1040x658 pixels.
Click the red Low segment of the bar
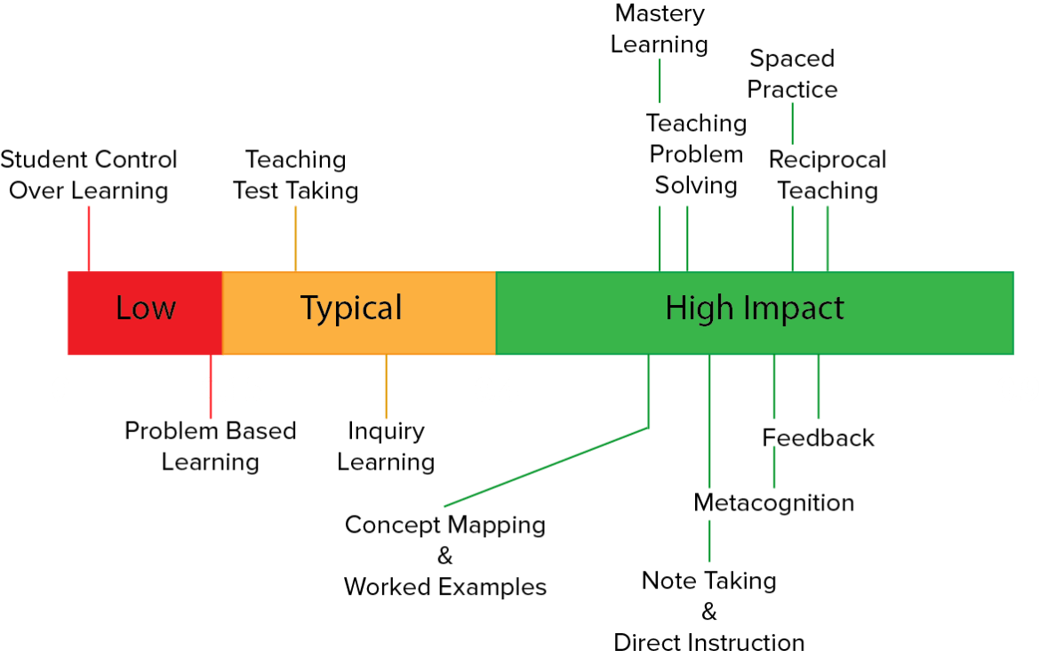145,309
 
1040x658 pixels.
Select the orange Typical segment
351,309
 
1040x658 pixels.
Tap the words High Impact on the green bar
755,309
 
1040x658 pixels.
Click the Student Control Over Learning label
89,175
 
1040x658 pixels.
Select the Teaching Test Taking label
296,175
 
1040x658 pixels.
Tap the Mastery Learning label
660,28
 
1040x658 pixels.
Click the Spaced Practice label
792,74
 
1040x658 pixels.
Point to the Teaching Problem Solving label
696,154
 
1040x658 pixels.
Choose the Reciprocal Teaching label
828,175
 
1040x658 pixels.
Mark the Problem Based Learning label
211,446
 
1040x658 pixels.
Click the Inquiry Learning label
386,446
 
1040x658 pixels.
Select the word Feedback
819,437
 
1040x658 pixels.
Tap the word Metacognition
774,502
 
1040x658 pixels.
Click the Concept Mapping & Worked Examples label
445,556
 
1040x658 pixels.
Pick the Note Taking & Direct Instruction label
709,612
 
